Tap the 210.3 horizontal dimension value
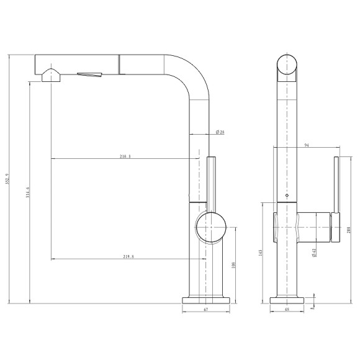(x=125, y=156)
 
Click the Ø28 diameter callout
(x=220, y=132)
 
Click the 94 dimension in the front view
(x=307, y=147)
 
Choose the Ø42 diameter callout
(x=315, y=251)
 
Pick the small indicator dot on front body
(x=286, y=196)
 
